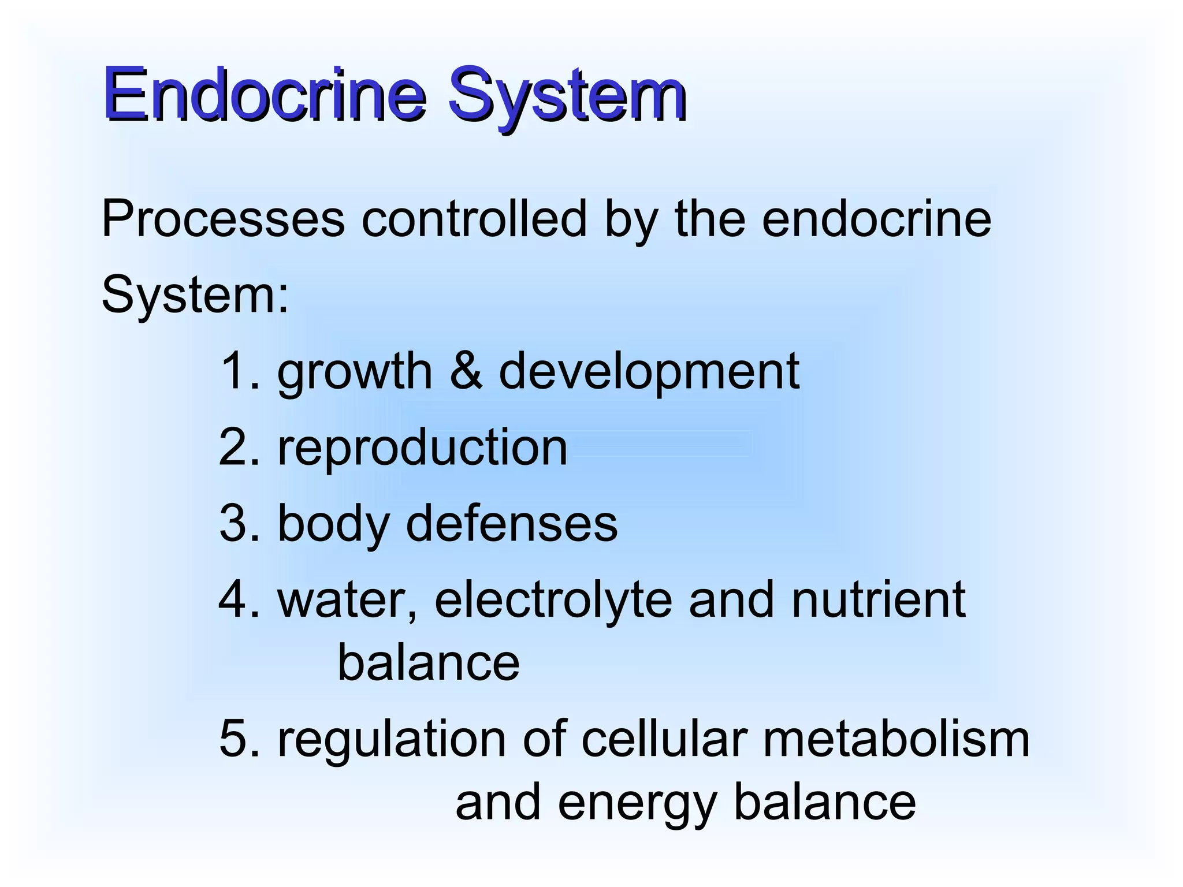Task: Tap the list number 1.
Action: (236, 371)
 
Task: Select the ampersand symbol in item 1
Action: (466, 371)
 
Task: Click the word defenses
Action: (512, 523)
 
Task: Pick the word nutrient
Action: (878, 601)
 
